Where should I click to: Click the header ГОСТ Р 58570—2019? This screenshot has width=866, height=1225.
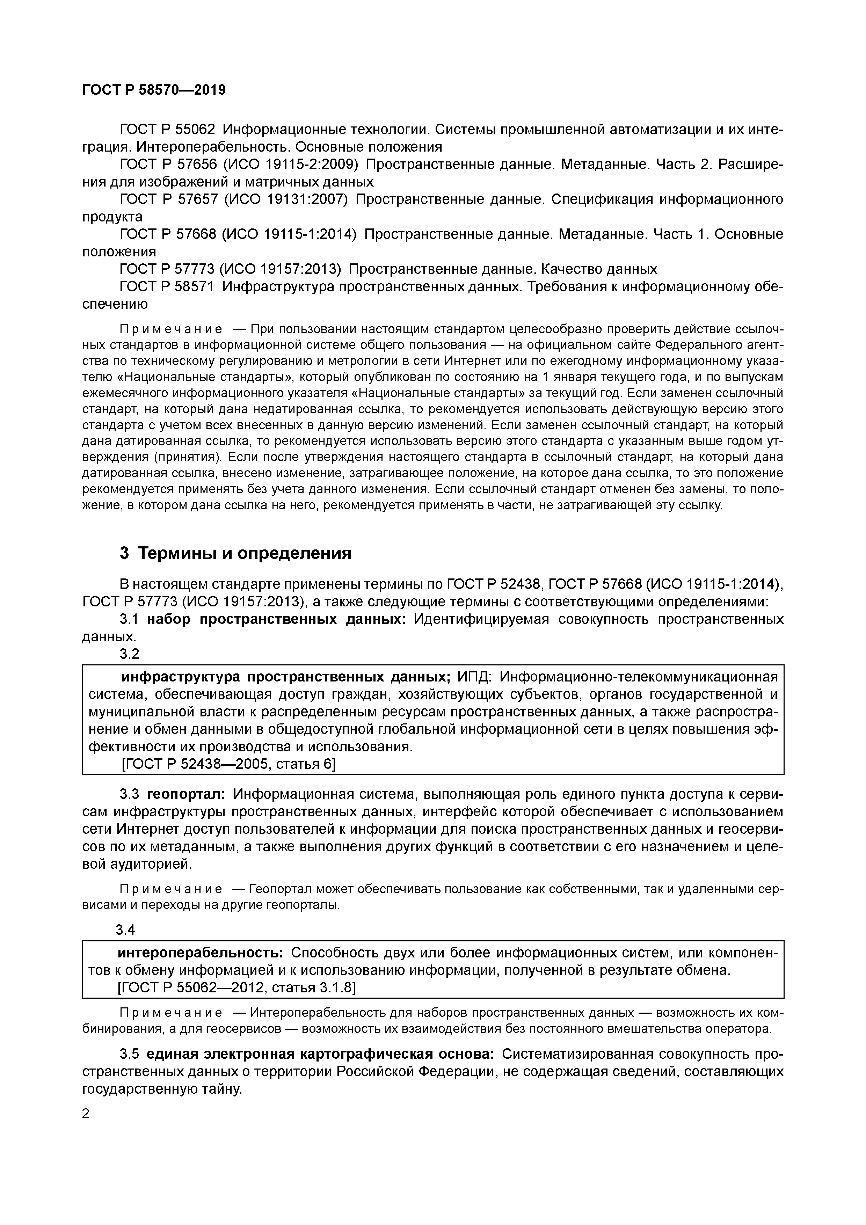click(154, 90)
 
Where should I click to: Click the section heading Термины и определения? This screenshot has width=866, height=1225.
click(245, 553)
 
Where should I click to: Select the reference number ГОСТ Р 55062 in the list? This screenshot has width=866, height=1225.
click(167, 130)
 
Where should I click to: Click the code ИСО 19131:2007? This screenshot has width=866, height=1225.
click(285, 199)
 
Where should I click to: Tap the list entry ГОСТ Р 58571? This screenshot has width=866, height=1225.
click(167, 286)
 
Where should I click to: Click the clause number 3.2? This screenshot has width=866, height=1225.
click(129, 654)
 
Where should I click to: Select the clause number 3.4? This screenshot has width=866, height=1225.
click(125, 930)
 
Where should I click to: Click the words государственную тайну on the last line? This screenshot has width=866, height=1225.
click(162, 1089)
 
